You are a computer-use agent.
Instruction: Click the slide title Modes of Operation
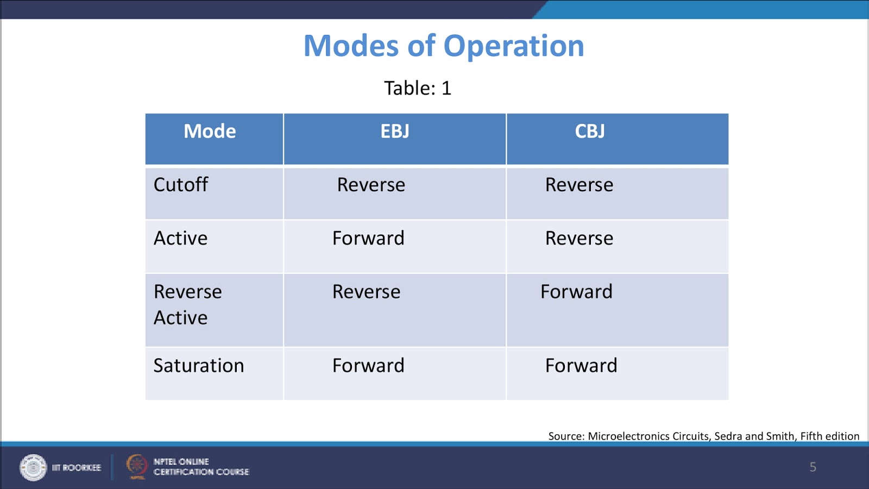[443, 46]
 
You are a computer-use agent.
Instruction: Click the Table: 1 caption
[417, 88]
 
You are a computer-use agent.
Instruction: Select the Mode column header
[210, 131]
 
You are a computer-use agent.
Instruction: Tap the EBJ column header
[395, 131]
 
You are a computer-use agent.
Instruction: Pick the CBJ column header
[590, 131]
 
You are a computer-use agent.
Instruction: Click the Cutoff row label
[181, 185]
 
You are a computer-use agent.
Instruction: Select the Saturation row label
[199, 366]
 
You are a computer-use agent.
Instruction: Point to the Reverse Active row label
[187, 304]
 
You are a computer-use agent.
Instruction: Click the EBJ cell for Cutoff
[371, 185]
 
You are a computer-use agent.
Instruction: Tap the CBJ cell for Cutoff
[579, 185]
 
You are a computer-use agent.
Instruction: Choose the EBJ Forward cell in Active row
[368, 238]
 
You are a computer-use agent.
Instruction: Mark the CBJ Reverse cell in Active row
[579, 238]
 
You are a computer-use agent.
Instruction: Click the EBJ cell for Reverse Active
[366, 292]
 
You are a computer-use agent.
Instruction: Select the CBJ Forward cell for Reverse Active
[576, 292]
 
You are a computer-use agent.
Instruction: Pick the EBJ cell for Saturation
[368, 366]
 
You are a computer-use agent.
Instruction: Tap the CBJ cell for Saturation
[581, 366]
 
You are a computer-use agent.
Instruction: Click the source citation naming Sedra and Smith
[703, 436]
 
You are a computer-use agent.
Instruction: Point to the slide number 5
[813, 467]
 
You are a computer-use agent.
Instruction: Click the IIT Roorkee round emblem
[33, 467]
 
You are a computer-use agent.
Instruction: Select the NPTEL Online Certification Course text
[201, 467]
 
